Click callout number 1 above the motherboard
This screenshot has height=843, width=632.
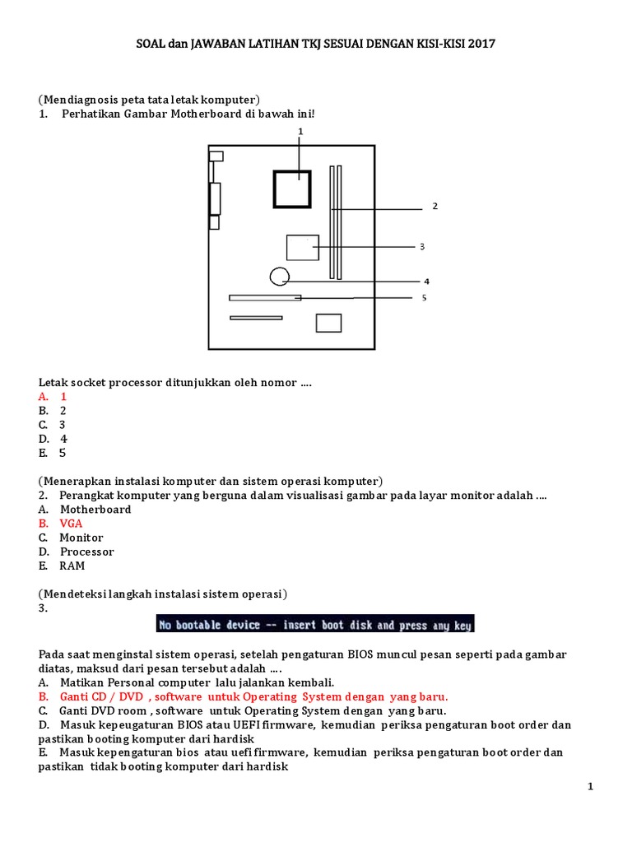pos(300,131)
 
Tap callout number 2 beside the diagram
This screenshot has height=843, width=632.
pos(434,207)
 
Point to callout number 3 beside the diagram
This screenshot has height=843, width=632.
pos(422,246)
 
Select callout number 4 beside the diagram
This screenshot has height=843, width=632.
pos(427,280)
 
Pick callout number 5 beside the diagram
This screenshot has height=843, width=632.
pos(424,298)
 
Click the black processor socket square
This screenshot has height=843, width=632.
pos(291,189)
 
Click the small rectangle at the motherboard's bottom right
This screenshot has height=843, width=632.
pos(328,323)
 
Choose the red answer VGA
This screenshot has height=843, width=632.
pos(70,524)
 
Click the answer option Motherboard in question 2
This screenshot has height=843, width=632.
pos(95,510)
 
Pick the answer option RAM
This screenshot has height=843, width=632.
pos(72,566)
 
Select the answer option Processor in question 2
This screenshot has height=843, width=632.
pos(86,552)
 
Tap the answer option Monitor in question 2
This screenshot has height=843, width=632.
pos(81,538)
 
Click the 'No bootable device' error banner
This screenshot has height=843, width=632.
pos(315,625)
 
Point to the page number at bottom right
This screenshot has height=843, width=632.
pos(590,787)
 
